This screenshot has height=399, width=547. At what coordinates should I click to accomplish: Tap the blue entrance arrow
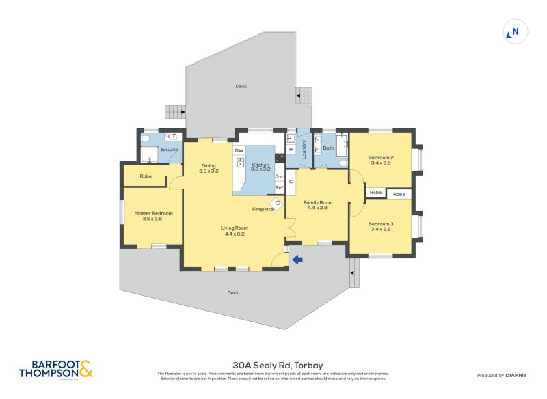click(297, 259)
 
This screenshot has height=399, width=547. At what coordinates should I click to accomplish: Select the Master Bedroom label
click(153, 213)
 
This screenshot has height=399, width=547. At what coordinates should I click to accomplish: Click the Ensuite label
click(170, 149)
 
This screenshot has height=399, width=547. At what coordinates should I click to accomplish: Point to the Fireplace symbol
click(278, 202)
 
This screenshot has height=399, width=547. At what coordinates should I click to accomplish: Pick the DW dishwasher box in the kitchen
click(239, 150)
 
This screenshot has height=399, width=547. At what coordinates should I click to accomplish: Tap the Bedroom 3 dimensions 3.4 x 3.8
click(380, 230)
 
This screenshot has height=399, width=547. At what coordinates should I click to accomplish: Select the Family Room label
click(318, 202)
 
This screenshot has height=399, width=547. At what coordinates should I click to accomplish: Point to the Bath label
click(328, 148)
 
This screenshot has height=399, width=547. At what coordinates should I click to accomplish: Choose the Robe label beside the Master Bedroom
click(146, 176)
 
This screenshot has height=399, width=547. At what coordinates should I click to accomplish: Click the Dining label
click(209, 165)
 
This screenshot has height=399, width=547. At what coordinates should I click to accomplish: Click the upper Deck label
click(241, 87)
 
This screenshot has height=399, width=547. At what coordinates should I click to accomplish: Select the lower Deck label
click(233, 292)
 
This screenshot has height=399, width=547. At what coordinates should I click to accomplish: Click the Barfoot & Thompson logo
click(55, 369)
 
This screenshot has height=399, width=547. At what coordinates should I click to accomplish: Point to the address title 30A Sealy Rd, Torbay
click(273, 366)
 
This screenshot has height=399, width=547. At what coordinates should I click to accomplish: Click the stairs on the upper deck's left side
click(176, 111)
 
